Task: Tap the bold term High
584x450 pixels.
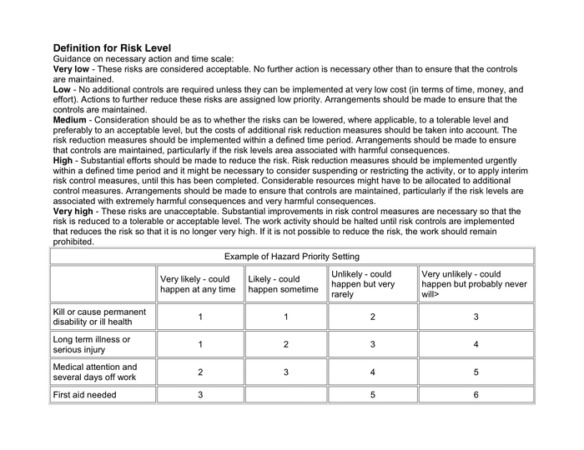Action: pyautogui.click(x=64, y=161)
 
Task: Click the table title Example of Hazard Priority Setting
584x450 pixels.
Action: pyautogui.click(x=291, y=257)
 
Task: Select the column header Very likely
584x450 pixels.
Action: pyautogui.click(x=198, y=284)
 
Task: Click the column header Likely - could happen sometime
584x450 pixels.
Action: pyautogui.click(x=284, y=284)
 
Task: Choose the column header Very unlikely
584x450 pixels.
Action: pyautogui.click(x=473, y=284)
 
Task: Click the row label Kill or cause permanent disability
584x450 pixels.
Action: pyautogui.click(x=99, y=317)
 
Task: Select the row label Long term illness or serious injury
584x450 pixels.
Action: pyautogui.click(x=92, y=345)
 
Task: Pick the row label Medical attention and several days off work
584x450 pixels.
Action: pyautogui.click(x=95, y=372)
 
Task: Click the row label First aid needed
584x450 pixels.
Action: pyautogui.click(x=85, y=395)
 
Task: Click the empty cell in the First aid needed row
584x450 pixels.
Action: pyautogui.click(x=285, y=395)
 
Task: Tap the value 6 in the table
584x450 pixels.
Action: pyautogui.click(x=476, y=395)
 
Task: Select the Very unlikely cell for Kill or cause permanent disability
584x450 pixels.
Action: pyautogui.click(x=476, y=317)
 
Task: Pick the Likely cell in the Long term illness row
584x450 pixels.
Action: pyautogui.click(x=285, y=345)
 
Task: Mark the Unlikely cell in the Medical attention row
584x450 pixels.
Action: pyautogui.click(x=372, y=372)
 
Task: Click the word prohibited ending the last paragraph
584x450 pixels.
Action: pyautogui.click(x=74, y=242)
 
